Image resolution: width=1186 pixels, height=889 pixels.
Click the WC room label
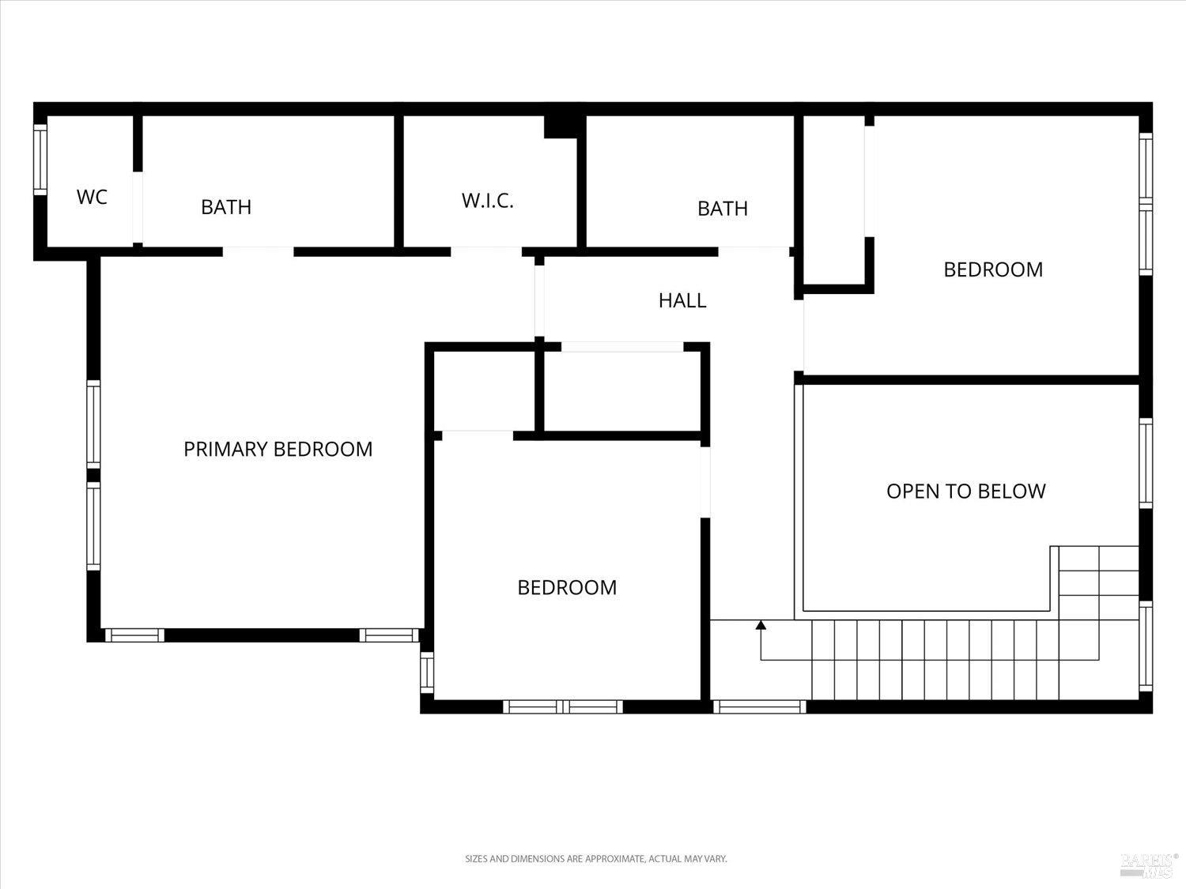(x=92, y=197)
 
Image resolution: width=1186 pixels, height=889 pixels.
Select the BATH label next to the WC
(x=226, y=207)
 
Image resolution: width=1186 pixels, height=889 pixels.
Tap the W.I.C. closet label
(x=488, y=201)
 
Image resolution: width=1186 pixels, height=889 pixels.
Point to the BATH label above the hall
(x=722, y=209)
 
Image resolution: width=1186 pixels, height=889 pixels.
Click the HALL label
(x=682, y=300)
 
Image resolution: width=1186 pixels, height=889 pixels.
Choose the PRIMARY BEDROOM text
(x=278, y=449)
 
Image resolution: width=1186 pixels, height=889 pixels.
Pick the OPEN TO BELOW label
(x=965, y=492)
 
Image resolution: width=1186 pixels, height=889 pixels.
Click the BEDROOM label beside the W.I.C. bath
(x=993, y=269)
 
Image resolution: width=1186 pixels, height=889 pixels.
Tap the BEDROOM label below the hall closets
(x=567, y=587)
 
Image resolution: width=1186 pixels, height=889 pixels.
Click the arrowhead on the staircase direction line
(x=761, y=625)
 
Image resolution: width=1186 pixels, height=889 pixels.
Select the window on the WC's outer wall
(x=40, y=159)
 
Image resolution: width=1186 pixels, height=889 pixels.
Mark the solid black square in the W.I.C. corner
(x=560, y=126)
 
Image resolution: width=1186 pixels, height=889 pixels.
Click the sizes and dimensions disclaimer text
(x=595, y=858)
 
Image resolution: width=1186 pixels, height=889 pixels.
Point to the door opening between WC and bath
(x=138, y=207)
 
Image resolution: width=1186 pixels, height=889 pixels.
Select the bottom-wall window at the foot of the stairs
(x=759, y=706)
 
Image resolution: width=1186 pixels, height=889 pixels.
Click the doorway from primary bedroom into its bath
(x=258, y=252)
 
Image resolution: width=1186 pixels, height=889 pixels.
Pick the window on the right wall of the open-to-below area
(x=1146, y=462)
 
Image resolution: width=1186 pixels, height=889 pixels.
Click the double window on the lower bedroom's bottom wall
(x=563, y=706)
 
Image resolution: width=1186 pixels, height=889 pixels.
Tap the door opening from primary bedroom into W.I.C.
(x=485, y=252)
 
